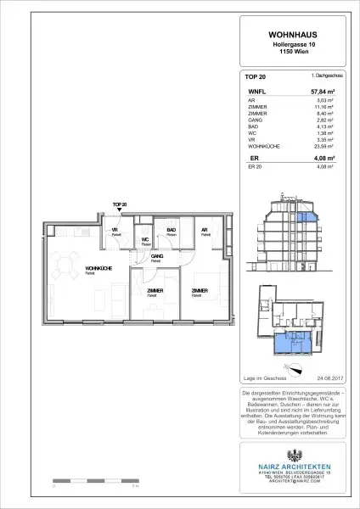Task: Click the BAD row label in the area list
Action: (250, 125)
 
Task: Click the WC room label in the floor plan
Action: (144, 239)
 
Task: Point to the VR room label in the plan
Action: (113, 229)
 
